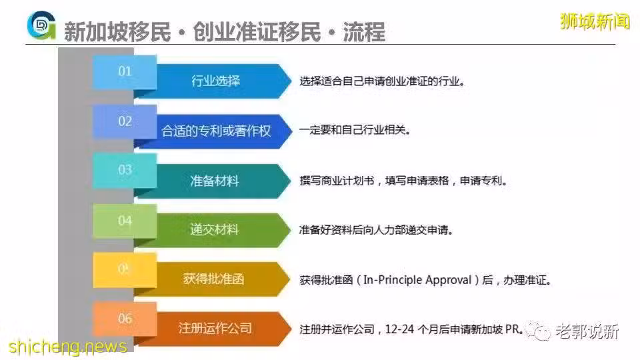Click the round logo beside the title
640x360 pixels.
coord(41,25)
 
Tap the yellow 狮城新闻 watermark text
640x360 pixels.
coord(595,21)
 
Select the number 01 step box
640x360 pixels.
coord(125,72)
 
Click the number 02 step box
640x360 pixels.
coord(125,121)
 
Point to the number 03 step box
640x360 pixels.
coord(125,171)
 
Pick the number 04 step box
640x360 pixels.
coord(125,221)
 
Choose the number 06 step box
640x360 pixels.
coord(125,319)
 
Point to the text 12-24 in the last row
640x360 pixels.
coord(399,329)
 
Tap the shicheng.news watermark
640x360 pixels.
coord(68,347)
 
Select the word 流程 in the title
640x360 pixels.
coord(364,32)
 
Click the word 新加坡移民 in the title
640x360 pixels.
coord(117,32)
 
